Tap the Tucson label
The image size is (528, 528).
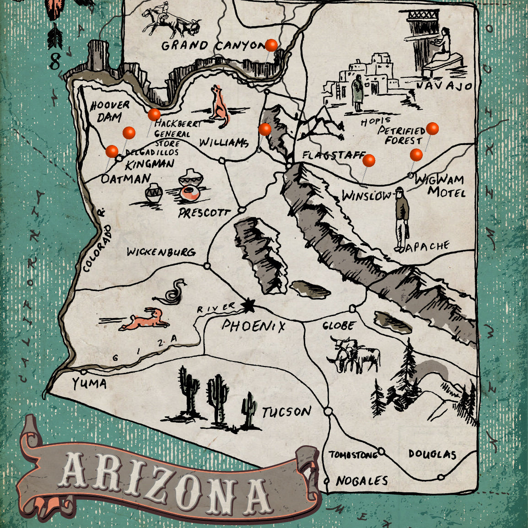click(286, 412)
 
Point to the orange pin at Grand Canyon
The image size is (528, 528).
click(271, 45)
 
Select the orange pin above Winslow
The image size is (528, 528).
click(369, 161)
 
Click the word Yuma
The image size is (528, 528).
click(89, 383)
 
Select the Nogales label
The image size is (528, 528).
click(361, 481)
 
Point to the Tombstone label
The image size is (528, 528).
click(353, 455)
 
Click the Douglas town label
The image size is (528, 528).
click(432, 454)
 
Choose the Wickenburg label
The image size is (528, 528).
click(161, 252)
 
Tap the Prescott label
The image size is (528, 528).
click(204, 213)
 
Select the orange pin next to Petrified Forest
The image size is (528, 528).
click(432, 129)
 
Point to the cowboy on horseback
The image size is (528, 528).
click(160, 21)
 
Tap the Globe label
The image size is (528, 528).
click(338, 326)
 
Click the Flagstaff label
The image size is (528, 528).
click(333, 156)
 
